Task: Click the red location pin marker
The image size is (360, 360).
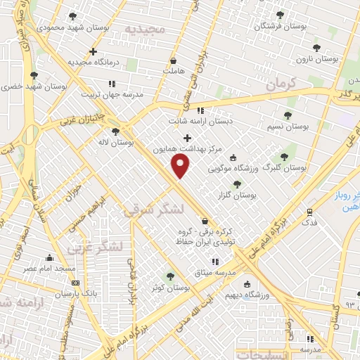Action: click(181, 166)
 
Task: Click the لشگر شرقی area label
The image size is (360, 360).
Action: click(153, 209)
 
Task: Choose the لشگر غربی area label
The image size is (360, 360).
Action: click(96, 246)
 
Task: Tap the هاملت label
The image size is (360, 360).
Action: click(172, 71)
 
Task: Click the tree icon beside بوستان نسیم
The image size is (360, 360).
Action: click(288, 115)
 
